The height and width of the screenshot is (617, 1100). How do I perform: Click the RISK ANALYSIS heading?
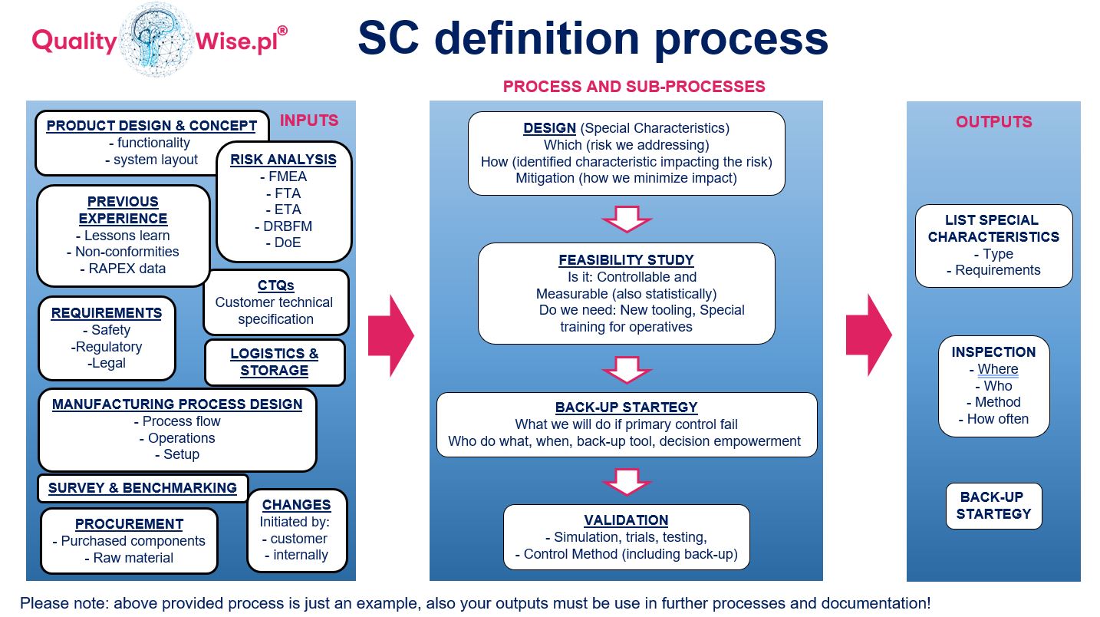283,160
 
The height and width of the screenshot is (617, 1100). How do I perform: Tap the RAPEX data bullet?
123,269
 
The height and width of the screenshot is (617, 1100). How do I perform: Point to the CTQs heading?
276,285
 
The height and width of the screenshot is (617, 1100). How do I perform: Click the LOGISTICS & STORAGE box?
275,362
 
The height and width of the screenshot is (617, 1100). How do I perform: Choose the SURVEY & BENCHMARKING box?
143,488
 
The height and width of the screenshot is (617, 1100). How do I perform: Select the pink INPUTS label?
309,120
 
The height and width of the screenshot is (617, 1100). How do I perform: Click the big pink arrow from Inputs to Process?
390,335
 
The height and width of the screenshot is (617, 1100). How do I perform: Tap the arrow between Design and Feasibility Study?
627,219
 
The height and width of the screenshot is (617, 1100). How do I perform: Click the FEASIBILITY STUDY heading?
626,260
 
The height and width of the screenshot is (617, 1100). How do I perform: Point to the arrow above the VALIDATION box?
627,482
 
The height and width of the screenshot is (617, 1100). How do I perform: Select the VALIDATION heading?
626,520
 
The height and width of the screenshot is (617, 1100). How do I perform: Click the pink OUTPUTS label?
993,122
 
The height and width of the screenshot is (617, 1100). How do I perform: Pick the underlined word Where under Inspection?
997,369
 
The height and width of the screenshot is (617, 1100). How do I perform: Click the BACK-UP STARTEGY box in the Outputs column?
993,506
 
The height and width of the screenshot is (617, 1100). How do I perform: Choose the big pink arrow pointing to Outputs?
869,335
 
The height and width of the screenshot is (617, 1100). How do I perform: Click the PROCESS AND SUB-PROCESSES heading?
634,87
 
